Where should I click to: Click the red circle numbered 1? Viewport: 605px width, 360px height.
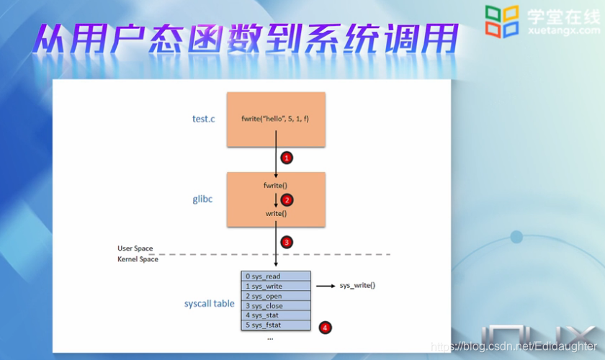(x=286, y=157)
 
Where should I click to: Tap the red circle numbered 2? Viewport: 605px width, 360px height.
(x=286, y=199)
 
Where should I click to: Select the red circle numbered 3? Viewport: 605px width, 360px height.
(x=286, y=242)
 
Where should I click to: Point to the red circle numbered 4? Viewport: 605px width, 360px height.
(x=325, y=328)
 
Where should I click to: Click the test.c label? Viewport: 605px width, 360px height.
(x=203, y=119)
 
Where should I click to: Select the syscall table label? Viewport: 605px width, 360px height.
(x=209, y=304)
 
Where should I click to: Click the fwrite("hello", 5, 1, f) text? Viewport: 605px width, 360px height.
(x=275, y=119)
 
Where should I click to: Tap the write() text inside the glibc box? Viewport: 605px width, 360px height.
(x=275, y=214)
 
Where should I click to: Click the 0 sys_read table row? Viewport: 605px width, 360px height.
(x=275, y=276)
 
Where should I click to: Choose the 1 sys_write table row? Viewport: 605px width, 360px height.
(x=275, y=286)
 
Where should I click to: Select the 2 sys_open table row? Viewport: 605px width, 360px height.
(x=275, y=296)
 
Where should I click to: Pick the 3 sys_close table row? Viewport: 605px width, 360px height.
(x=275, y=306)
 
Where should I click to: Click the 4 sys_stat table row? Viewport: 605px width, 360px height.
(x=275, y=315)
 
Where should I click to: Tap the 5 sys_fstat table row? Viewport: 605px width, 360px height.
(x=275, y=325)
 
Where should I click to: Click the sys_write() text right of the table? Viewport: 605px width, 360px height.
(x=357, y=286)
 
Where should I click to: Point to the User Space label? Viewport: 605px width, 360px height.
(x=135, y=248)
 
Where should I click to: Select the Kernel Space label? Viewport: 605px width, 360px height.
(x=138, y=259)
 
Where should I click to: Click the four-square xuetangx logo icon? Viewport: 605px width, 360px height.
(x=503, y=21)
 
